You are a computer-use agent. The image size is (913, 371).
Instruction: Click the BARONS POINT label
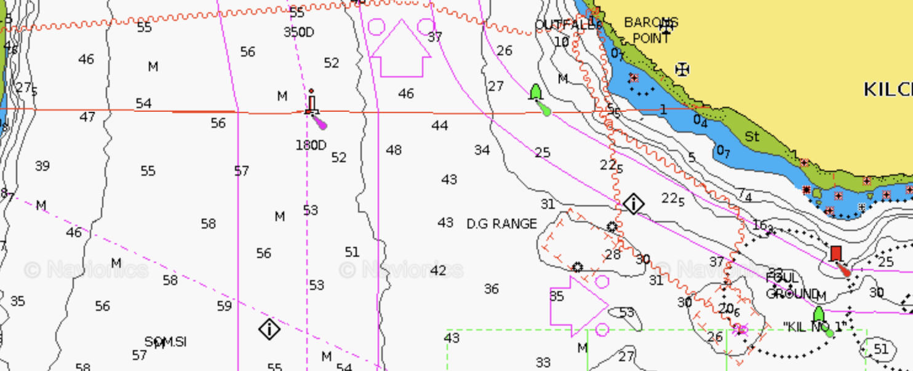point(651,30)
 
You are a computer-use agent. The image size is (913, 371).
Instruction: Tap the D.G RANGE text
point(501,224)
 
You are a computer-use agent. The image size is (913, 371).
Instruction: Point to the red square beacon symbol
point(835,253)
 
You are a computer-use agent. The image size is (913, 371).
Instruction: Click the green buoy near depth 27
point(536,93)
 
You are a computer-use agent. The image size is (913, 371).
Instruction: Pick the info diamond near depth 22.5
point(634,203)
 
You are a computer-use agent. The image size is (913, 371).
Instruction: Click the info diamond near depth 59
point(269,329)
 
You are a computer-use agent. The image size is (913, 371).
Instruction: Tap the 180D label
point(311,145)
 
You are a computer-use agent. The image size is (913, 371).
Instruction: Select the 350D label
point(299,32)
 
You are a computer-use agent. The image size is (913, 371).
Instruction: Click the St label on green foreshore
point(752,136)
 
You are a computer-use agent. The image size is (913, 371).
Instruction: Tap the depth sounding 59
point(225,306)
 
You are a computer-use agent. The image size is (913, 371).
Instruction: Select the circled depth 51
point(881,350)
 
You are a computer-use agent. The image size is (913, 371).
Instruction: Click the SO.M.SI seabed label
point(165,342)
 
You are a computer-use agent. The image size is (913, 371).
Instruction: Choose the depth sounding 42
point(438,270)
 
